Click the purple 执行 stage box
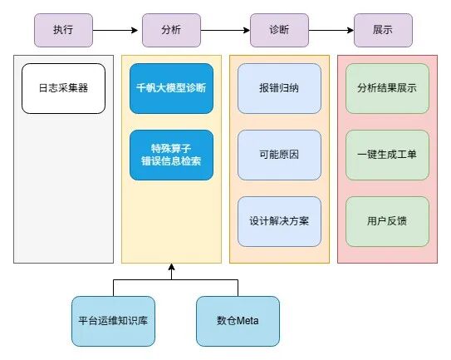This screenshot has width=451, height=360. pyautogui.click(x=63, y=30)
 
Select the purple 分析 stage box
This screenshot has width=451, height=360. pyautogui.click(x=171, y=30)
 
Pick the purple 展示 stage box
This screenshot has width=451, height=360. pyautogui.click(x=383, y=30)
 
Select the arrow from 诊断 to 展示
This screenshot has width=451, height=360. pyautogui.click(x=330, y=30)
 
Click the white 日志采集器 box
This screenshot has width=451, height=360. pyautogui.click(x=63, y=88)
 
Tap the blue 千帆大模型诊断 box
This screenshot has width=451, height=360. pyautogui.click(x=171, y=88)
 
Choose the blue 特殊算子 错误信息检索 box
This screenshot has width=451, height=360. pyautogui.click(x=171, y=155)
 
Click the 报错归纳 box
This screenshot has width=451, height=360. pyautogui.click(x=279, y=88)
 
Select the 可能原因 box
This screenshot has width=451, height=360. pyautogui.click(x=279, y=155)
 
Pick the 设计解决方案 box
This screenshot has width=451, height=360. pyautogui.click(x=279, y=221)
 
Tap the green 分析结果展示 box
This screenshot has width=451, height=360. pyautogui.click(x=387, y=88)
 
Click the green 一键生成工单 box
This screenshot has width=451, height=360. pyautogui.click(x=387, y=155)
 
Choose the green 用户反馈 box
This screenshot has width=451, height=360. pyautogui.click(x=387, y=221)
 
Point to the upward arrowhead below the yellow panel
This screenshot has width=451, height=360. pyautogui.click(x=171, y=269)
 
